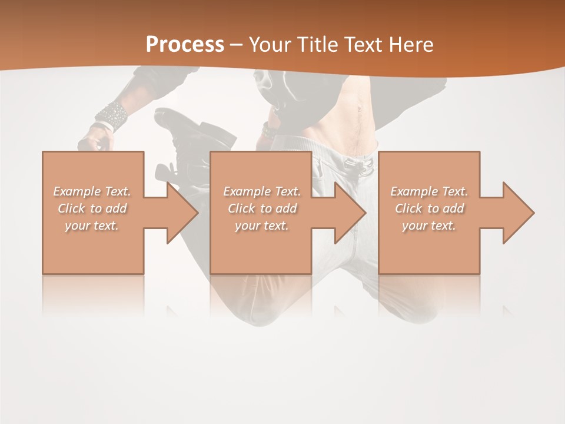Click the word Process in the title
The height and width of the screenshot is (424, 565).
[185, 45]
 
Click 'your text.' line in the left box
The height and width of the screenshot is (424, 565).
[92, 226]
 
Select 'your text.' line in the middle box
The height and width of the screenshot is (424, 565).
[262, 226]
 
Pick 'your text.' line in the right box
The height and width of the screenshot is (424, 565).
[429, 226]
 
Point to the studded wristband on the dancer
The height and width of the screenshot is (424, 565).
[112, 115]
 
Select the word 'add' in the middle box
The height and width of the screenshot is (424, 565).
[286, 208]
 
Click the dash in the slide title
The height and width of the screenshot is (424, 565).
[237, 45]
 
